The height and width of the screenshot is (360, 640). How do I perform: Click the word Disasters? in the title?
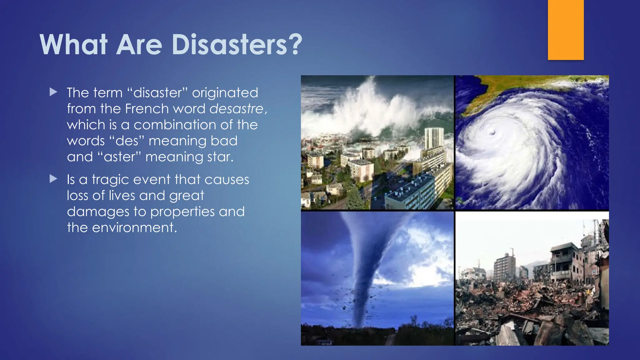pyautogui.click(x=237, y=44)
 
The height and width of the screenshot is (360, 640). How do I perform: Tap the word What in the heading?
pyautogui.click(x=74, y=44)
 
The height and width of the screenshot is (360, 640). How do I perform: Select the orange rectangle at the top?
pyautogui.click(x=566, y=30)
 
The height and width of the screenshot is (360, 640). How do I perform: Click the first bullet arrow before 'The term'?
pyautogui.click(x=53, y=92)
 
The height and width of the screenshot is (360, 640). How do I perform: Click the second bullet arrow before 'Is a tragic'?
pyautogui.click(x=53, y=179)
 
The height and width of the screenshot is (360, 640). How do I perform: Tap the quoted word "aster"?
pyautogui.click(x=119, y=157)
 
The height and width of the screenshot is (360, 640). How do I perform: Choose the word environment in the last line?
pyautogui.click(x=134, y=227)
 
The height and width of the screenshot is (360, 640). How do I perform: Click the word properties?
pyautogui.click(x=182, y=212)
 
